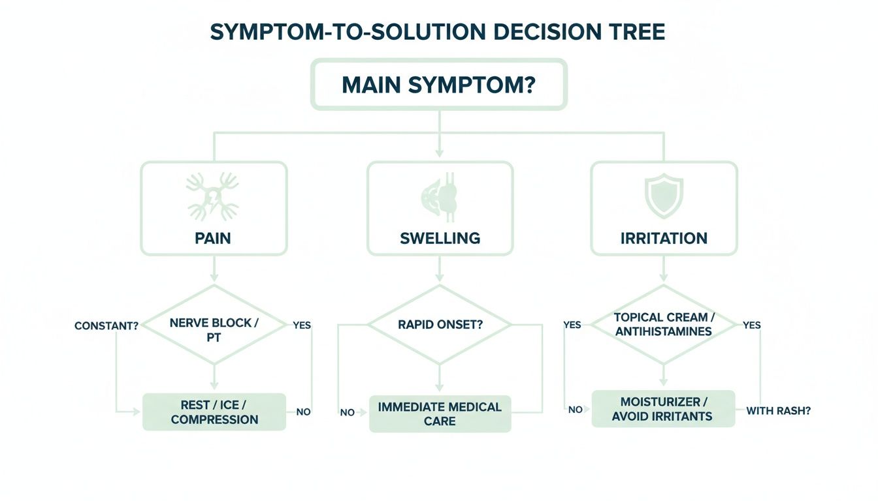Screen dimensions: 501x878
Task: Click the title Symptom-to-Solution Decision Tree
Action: coord(438,32)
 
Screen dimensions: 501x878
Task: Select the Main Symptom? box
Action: coord(438,85)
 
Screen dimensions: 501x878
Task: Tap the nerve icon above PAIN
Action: coord(213,196)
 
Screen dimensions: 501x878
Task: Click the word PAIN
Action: coord(213,238)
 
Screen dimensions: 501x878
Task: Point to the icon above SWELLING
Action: coord(440,196)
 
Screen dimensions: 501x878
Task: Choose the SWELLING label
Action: coord(440,238)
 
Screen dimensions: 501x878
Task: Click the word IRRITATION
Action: coord(664,238)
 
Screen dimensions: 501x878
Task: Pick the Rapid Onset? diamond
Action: coord(440,324)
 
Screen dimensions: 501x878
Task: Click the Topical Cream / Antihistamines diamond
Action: coord(664,324)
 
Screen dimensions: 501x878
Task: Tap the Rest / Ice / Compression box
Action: coord(214,412)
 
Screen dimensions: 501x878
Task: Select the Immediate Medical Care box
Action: coord(440,414)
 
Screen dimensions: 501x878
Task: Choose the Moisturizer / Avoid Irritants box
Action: coord(662,408)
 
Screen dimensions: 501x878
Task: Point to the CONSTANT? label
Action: coord(106,326)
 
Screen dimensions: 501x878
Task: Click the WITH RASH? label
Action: coord(778,411)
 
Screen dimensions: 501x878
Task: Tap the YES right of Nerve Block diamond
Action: coord(302,325)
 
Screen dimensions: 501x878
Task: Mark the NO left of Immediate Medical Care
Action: coord(347,413)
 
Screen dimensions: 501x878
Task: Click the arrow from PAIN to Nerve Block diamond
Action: coord(214,269)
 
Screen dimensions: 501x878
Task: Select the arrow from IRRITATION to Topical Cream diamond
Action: coord(664,269)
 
